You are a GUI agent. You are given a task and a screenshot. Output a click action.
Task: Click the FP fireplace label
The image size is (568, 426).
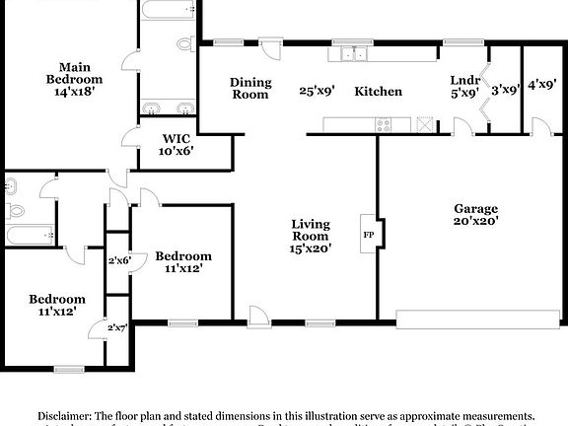pos(369,235)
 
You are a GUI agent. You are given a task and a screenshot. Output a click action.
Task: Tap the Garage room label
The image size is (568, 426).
pos(476,209)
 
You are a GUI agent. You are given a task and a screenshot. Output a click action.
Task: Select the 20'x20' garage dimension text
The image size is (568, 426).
pos(476,222)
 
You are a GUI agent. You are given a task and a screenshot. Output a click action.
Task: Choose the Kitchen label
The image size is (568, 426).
pos(379,91)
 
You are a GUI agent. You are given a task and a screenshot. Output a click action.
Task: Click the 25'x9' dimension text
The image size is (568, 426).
pos(318,91)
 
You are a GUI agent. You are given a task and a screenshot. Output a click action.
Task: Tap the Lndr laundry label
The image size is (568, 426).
pos(464,80)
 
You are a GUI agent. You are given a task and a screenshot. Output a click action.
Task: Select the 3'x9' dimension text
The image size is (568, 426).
pos(506,90)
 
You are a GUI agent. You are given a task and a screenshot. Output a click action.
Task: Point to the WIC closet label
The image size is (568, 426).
pos(176,138)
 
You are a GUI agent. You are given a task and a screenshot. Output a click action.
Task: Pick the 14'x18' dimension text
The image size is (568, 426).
pos(75,86)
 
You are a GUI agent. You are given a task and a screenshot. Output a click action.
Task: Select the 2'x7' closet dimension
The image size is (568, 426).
pos(118,327)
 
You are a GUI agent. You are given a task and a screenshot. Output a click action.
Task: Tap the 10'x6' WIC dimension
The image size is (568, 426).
pos(177,152)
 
